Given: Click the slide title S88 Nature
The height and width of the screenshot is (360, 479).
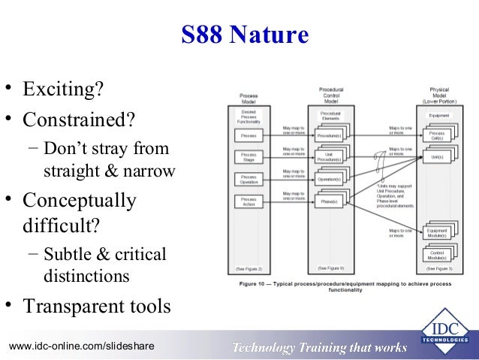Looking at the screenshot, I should (245, 35).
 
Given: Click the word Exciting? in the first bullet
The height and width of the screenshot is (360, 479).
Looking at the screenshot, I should (63, 91).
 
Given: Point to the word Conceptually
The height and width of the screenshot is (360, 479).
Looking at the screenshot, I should (80, 201).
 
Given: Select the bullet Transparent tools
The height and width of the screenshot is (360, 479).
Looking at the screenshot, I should (97, 307).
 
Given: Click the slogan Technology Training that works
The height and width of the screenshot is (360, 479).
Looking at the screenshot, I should (320, 346).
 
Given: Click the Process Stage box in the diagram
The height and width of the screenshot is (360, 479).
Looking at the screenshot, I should (248, 157).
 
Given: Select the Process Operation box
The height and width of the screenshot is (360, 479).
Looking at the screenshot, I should (248, 179).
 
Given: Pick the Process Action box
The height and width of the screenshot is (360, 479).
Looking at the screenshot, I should (248, 201).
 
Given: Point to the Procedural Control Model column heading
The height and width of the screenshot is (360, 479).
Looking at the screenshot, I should (331, 95).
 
